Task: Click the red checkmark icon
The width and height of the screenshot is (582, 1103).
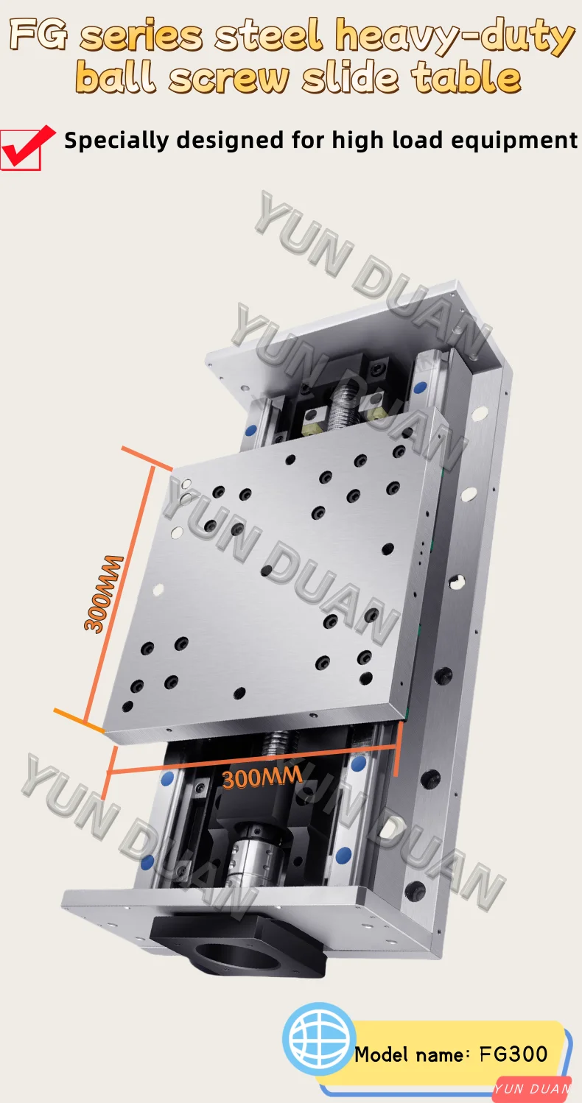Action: [x=28, y=147]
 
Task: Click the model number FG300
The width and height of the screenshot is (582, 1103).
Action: [x=513, y=1054]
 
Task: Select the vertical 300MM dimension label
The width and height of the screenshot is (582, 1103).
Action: [x=104, y=593]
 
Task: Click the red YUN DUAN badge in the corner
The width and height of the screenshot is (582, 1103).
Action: [x=533, y=1089]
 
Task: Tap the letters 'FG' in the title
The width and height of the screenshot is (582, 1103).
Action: [x=41, y=35]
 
